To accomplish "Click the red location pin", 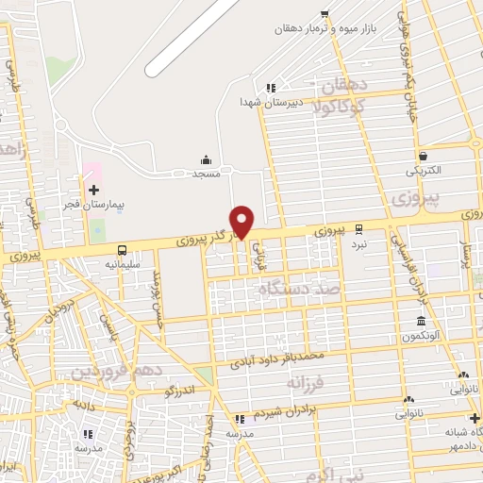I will [242, 221].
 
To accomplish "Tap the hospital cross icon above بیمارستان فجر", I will [93, 190].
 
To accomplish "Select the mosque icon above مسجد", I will [206, 158].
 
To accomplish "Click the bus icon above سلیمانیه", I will [123, 250].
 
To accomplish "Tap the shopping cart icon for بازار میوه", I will [325, 13].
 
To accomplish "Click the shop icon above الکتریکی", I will [422, 157].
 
